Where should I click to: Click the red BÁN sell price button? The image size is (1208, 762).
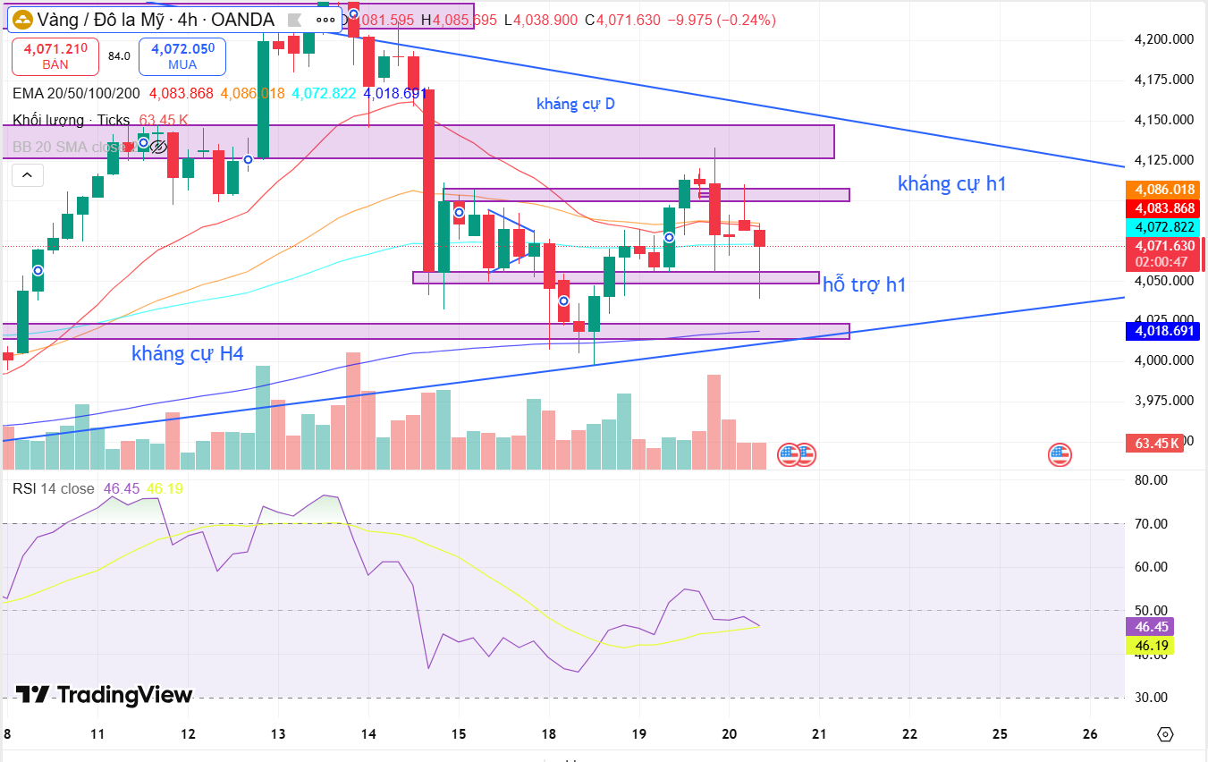pyautogui.click(x=55, y=55)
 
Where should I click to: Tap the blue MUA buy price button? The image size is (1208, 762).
pyautogui.click(x=182, y=55)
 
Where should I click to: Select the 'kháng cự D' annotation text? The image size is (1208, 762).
pyautogui.click(x=575, y=104)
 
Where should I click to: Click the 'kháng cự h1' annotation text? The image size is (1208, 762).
pyautogui.click(x=951, y=184)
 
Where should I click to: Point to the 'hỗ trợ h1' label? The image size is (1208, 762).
pyautogui.click(x=864, y=284)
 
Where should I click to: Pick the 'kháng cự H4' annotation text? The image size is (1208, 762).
pyautogui.click(x=187, y=354)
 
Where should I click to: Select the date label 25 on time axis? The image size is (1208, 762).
pyautogui.click(x=1000, y=734)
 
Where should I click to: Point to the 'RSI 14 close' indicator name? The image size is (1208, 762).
pyautogui.click(x=53, y=488)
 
